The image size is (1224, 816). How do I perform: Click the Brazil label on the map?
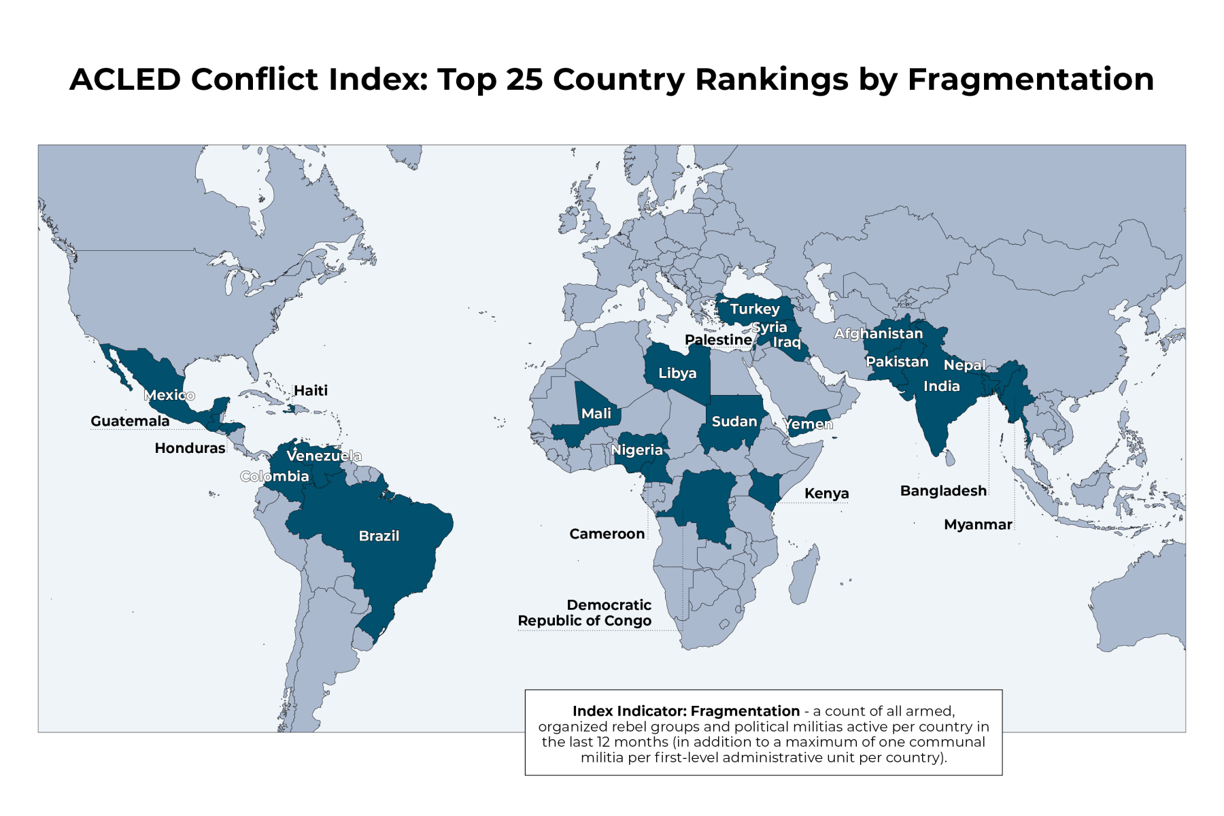click(x=379, y=536)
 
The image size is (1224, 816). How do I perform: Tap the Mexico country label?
click(x=169, y=395)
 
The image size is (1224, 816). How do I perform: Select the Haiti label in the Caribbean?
click(x=311, y=390)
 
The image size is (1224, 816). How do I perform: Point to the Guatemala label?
click(x=130, y=421)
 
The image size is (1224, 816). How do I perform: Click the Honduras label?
click(x=190, y=448)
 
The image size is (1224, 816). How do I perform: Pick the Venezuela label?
click(x=324, y=456)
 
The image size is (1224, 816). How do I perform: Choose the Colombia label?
click(x=275, y=476)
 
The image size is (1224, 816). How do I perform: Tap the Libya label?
click(x=677, y=373)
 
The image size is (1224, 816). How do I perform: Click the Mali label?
click(x=596, y=413)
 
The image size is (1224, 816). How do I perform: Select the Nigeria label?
click(x=636, y=450)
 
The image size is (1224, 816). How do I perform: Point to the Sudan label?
click(x=734, y=422)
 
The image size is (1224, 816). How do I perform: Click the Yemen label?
click(x=808, y=424)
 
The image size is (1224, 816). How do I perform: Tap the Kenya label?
click(x=826, y=494)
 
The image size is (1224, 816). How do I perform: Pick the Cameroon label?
click(x=607, y=534)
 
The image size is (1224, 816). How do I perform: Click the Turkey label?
click(x=755, y=309)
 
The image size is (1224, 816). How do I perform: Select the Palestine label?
click(x=718, y=340)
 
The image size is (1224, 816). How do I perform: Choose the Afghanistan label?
click(x=879, y=334)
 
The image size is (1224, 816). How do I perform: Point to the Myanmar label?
click(x=978, y=524)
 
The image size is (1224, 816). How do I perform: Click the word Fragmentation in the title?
click(x=1031, y=80)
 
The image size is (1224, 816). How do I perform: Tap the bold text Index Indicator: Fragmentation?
click(x=685, y=711)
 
